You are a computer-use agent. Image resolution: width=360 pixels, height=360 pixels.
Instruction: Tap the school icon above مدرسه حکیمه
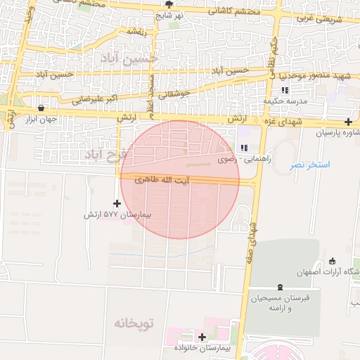tap(285, 90)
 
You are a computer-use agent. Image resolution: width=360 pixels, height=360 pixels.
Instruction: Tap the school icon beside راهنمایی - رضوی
tap(244, 148)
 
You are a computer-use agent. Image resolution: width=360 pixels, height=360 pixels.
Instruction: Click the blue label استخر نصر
tap(310, 165)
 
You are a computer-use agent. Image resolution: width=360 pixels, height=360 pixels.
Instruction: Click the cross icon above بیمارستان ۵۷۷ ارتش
tap(117, 203)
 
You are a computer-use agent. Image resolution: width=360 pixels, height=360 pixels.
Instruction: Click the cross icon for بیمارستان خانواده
tap(203, 337)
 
